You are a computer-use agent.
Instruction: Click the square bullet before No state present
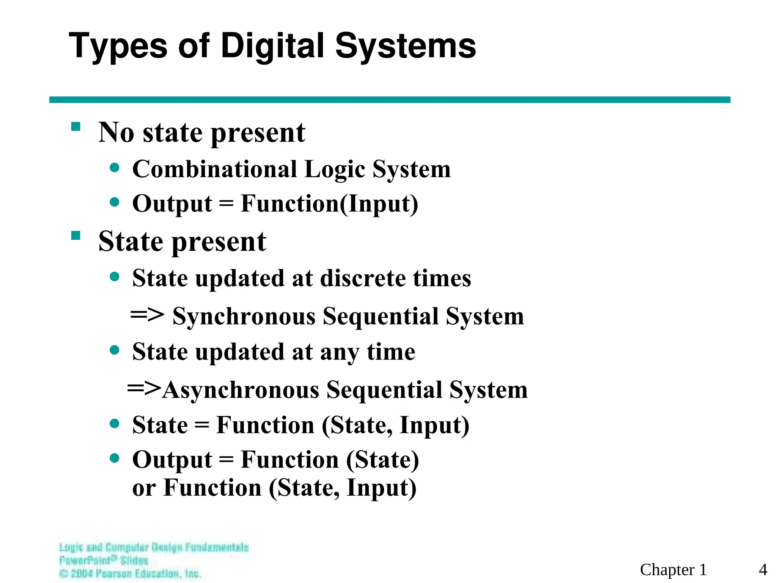coord(76,126)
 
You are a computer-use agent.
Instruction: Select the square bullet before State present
coord(76,236)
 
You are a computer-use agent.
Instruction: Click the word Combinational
coord(214,169)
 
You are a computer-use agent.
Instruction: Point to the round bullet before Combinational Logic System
coord(114,167)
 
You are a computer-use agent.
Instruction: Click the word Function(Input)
coord(329,204)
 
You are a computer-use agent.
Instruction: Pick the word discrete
coord(363,278)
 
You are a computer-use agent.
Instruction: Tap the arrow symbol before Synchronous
coord(147,315)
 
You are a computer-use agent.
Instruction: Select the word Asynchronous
coord(241,390)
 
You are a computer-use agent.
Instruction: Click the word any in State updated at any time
coord(339,352)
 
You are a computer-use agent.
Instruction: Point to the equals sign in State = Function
coord(201,425)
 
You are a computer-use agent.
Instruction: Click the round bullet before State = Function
coord(114,423)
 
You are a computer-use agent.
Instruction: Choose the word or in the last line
coord(144,488)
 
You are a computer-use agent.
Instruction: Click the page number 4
coord(763,570)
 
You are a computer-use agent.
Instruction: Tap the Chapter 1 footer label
coord(673,570)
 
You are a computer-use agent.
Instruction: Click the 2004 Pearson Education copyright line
coord(130,573)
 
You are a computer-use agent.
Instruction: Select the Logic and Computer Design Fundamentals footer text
coord(154,547)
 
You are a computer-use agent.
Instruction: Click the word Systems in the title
coord(405,46)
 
